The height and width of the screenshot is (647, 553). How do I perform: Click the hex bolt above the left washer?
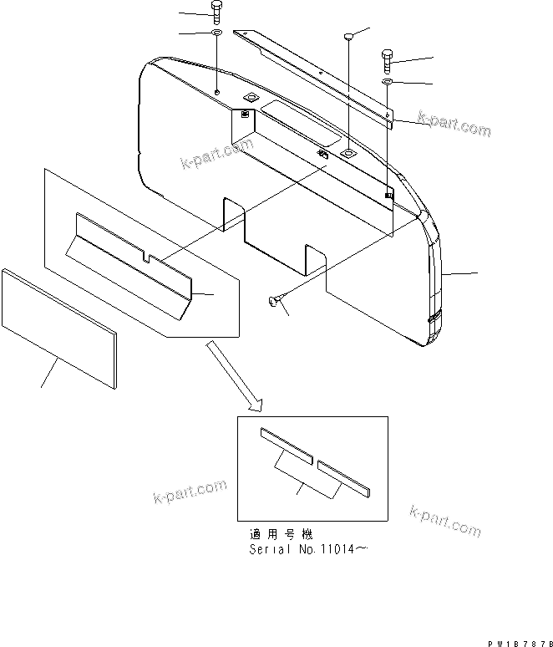point(216,13)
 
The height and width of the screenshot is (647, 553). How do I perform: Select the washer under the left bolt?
point(216,33)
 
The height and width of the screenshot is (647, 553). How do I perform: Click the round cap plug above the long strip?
point(349,36)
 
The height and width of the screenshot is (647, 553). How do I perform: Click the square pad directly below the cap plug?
point(346,155)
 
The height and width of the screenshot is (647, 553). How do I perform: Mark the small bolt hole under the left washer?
point(216,91)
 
